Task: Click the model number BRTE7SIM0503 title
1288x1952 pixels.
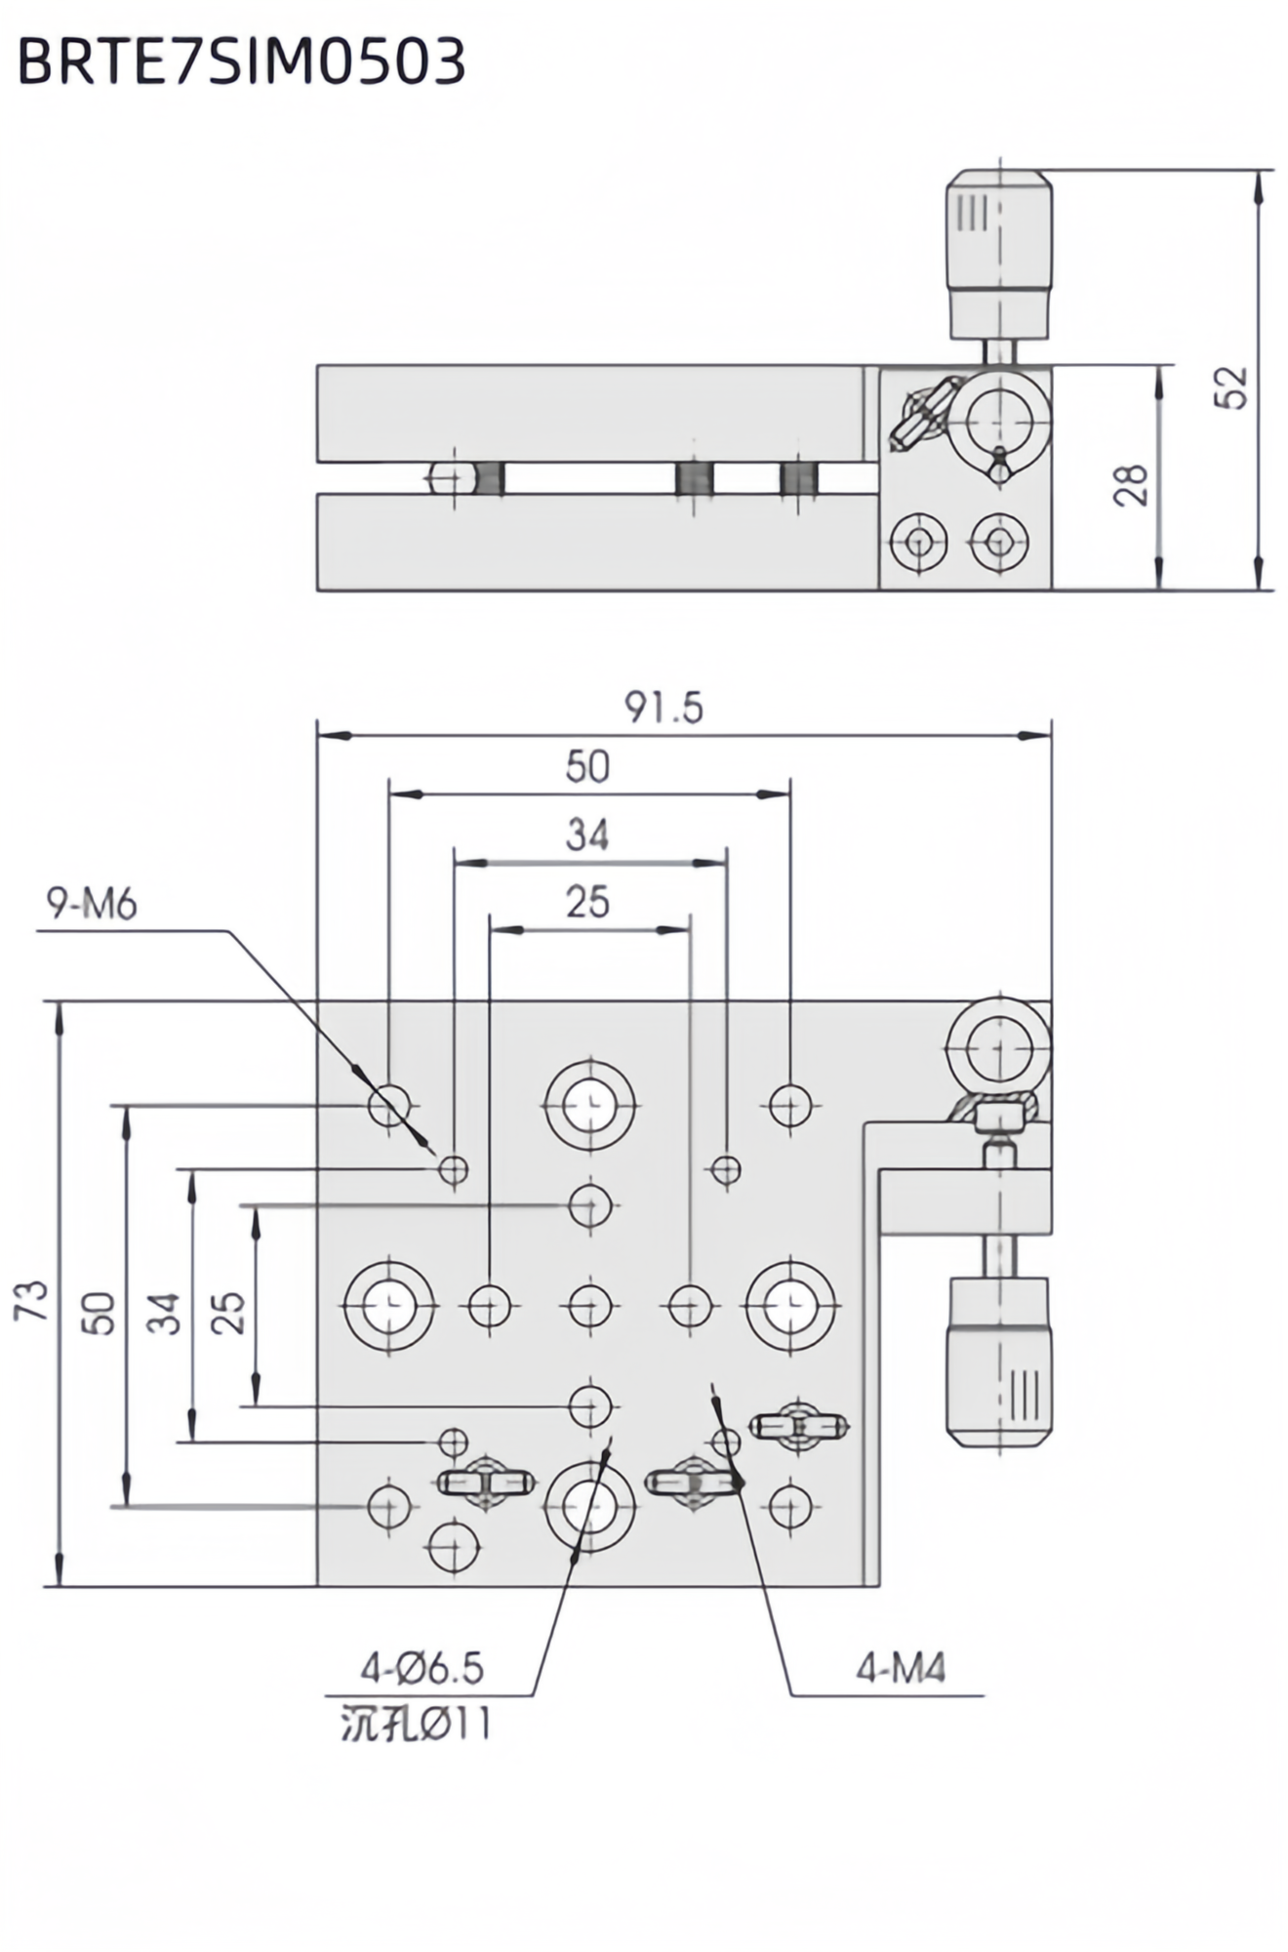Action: coord(241,62)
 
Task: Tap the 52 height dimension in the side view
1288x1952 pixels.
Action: coord(1235,387)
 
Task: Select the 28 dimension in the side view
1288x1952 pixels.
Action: coord(1131,485)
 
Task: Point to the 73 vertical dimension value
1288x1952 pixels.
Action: coord(31,1300)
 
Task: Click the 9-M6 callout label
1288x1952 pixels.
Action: coord(93,905)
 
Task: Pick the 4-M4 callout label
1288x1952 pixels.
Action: coord(901,1669)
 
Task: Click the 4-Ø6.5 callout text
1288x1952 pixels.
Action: coord(423,1669)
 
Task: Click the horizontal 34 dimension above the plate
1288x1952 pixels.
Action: coord(587,835)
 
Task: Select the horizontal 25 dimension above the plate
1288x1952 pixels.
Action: coord(587,903)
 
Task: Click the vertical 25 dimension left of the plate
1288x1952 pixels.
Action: coord(226,1314)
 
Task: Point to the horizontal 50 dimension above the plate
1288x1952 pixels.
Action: coord(587,767)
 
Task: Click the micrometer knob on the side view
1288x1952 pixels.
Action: coord(1000,254)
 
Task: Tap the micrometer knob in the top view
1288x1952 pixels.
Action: coord(1000,1362)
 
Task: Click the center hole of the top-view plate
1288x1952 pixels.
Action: coord(590,1306)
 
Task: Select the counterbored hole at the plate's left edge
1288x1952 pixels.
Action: coord(389,1306)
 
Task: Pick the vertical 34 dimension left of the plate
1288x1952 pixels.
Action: coord(164,1314)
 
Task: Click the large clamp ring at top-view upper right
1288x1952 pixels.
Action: coord(999,1047)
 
